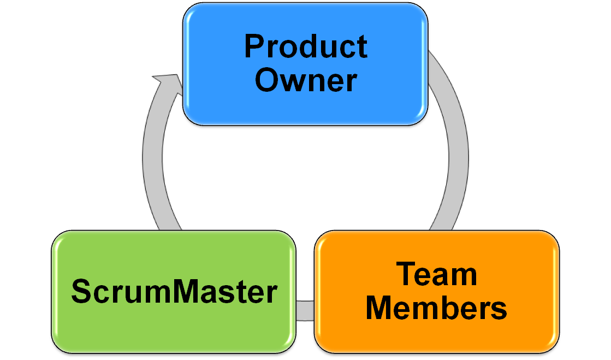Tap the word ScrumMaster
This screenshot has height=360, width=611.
click(x=174, y=291)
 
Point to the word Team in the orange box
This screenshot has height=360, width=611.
click(x=436, y=274)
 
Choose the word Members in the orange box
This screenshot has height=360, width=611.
click(x=436, y=308)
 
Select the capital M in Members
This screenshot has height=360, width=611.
click(x=379, y=308)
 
